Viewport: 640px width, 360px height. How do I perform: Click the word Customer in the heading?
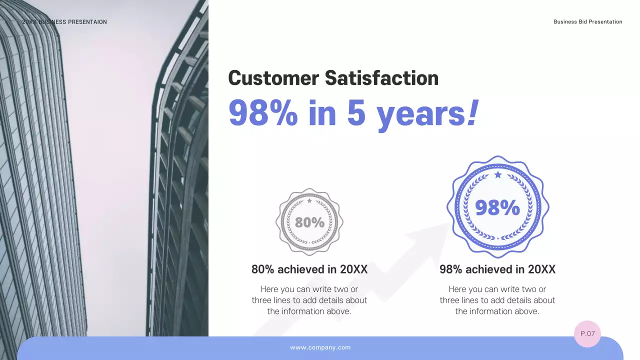pos(273,78)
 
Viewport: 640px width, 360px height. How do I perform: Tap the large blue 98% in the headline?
pos(263,113)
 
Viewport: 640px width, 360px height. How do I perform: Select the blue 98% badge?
pos(497,207)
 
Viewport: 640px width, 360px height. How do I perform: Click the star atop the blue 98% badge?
pos(498,174)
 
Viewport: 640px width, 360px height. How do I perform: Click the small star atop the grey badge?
pos(309,200)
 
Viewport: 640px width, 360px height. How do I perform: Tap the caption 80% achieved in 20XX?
pos(309,269)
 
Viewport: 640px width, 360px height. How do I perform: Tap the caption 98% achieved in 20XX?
pos(497,269)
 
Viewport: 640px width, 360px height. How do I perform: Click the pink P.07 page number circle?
pos(587,333)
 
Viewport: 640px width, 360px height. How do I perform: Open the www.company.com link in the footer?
pos(320,347)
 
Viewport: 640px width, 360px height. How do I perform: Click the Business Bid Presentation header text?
pos(587,22)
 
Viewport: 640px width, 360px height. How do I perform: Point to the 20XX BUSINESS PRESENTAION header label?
pos(64,22)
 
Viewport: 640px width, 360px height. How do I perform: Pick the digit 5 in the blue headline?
pos(356,113)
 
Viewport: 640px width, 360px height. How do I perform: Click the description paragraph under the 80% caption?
pos(309,300)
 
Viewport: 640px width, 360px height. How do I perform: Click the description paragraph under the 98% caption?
pos(497,300)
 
